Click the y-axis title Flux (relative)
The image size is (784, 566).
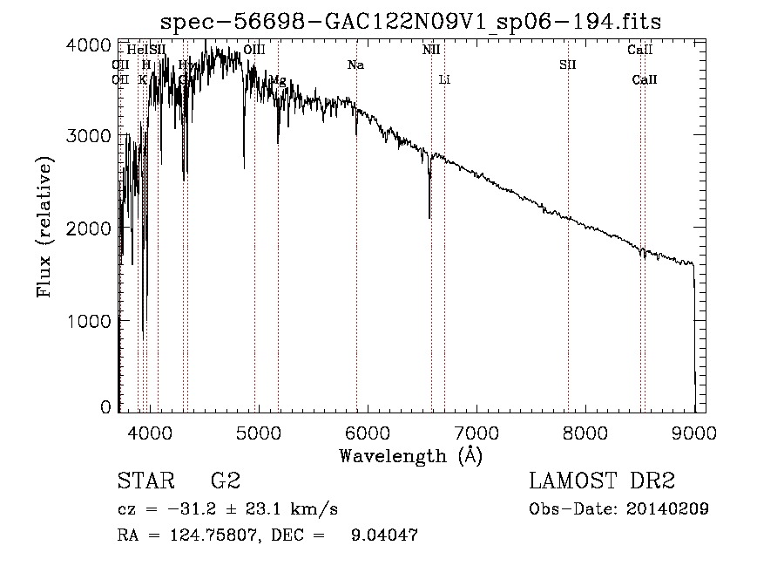(x=44, y=227)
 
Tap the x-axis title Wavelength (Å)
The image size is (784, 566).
(x=409, y=455)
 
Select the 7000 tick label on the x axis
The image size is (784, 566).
(x=476, y=431)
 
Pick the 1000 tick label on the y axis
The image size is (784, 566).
(x=90, y=320)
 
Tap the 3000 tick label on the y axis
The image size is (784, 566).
(x=90, y=136)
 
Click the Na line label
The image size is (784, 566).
(x=355, y=65)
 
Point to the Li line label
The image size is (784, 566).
(x=444, y=80)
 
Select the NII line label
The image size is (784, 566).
(x=431, y=51)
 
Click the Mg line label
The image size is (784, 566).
(x=277, y=80)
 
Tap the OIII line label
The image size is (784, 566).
(x=254, y=51)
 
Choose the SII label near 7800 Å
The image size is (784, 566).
(x=568, y=65)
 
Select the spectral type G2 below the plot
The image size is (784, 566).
(x=226, y=481)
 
